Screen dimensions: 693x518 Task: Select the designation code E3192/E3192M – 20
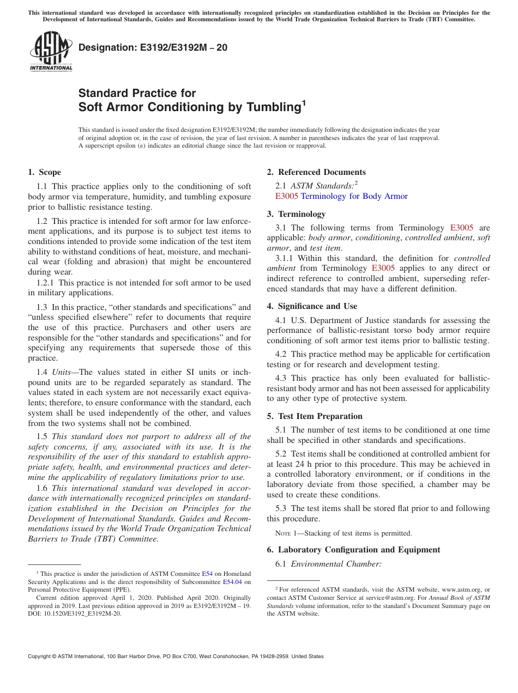click(x=153, y=48)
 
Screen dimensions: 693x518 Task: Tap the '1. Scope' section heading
click(x=44, y=173)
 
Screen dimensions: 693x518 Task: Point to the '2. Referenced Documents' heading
click(x=316, y=173)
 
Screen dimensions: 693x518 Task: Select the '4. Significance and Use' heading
click(x=312, y=306)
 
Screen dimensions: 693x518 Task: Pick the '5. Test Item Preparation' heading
click(x=315, y=416)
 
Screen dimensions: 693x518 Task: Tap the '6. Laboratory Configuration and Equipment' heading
click(x=353, y=550)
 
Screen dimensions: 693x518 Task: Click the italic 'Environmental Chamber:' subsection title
click(x=336, y=564)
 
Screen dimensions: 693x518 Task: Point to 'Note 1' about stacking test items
click(x=279, y=533)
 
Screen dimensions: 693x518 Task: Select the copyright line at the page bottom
click(x=176, y=656)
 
